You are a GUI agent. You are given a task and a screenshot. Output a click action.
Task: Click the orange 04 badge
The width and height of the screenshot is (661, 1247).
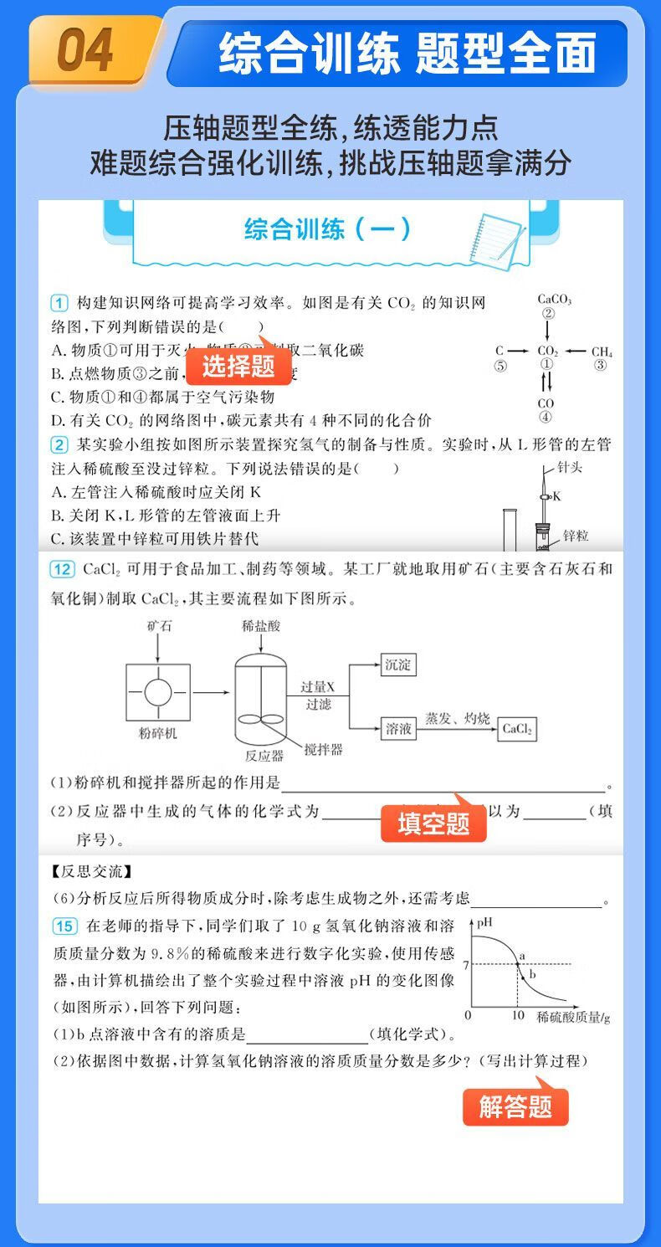(86, 51)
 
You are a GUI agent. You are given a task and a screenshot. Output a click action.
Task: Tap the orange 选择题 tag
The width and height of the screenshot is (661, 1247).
(238, 366)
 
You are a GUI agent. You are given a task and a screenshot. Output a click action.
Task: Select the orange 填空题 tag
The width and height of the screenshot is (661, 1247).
(433, 824)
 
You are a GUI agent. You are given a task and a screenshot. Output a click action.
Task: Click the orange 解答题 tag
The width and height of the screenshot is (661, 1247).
(515, 1106)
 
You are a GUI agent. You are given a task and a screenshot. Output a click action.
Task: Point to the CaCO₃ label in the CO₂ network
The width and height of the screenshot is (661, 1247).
(554, 299)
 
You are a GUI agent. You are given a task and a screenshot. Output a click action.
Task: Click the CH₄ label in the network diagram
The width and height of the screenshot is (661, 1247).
(602, 352)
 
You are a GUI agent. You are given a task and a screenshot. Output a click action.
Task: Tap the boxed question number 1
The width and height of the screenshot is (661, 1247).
(59, 302)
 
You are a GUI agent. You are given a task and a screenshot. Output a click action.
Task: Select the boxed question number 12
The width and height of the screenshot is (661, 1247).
(63, 569)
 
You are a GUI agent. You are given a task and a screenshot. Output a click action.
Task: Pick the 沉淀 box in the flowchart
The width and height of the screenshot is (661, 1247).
(398, 665)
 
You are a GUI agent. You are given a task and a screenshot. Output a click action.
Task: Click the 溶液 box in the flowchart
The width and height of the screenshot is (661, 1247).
(398, 729)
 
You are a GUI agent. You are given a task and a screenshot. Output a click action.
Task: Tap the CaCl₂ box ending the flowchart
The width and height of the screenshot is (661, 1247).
(517, 729)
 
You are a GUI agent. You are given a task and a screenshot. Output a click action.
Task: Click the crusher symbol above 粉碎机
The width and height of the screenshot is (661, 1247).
(158, 692)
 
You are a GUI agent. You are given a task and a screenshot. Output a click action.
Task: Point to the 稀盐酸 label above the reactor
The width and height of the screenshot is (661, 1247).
(259, 625)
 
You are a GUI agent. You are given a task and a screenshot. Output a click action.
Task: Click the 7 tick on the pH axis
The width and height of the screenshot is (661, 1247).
(465, 964)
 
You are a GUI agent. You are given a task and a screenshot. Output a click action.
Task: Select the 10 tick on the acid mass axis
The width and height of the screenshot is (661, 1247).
(518, 1015)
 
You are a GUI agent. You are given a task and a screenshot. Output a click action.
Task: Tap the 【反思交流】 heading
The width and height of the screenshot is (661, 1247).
(90, 872)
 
